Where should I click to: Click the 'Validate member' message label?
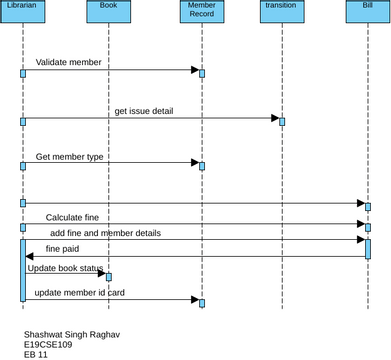(68, 62)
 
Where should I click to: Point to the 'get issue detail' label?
(143, 110)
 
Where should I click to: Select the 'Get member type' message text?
(69, 157)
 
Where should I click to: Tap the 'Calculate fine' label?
(78, 217)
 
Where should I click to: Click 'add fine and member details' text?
(105, 232)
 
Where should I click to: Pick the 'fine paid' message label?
(62, 248)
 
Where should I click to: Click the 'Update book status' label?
(63, 268)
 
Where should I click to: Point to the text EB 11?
(36, 354)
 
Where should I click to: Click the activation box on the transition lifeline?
(282, 121)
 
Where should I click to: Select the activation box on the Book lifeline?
(108, 276)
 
